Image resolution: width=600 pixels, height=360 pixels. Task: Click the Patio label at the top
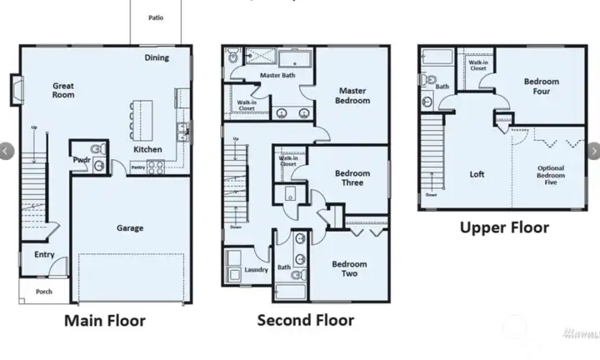pos(156,17)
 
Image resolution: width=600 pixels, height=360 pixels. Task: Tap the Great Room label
pos(63,90)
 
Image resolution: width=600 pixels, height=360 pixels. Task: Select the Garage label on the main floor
pos(130,227)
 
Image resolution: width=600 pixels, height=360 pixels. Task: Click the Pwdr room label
pos(82,158)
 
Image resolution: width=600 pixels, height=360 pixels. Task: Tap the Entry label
pos(44,255)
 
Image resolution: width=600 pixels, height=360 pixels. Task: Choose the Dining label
pos(157,58)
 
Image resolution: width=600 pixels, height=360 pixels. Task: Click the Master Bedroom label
pos(353,96)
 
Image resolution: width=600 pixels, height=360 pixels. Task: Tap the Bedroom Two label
pos(349,269)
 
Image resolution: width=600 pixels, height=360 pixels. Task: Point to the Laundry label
pos(255,270)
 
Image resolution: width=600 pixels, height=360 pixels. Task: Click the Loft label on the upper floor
pos(477,174)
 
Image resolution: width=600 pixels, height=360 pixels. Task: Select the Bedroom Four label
pos(542,87)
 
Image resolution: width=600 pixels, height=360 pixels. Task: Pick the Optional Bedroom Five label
pos(550,177)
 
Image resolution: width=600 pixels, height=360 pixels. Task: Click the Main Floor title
pos(105,321)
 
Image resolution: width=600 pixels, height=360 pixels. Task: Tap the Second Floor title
pos(305,320)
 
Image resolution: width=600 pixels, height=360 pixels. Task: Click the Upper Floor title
pos(505,227)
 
